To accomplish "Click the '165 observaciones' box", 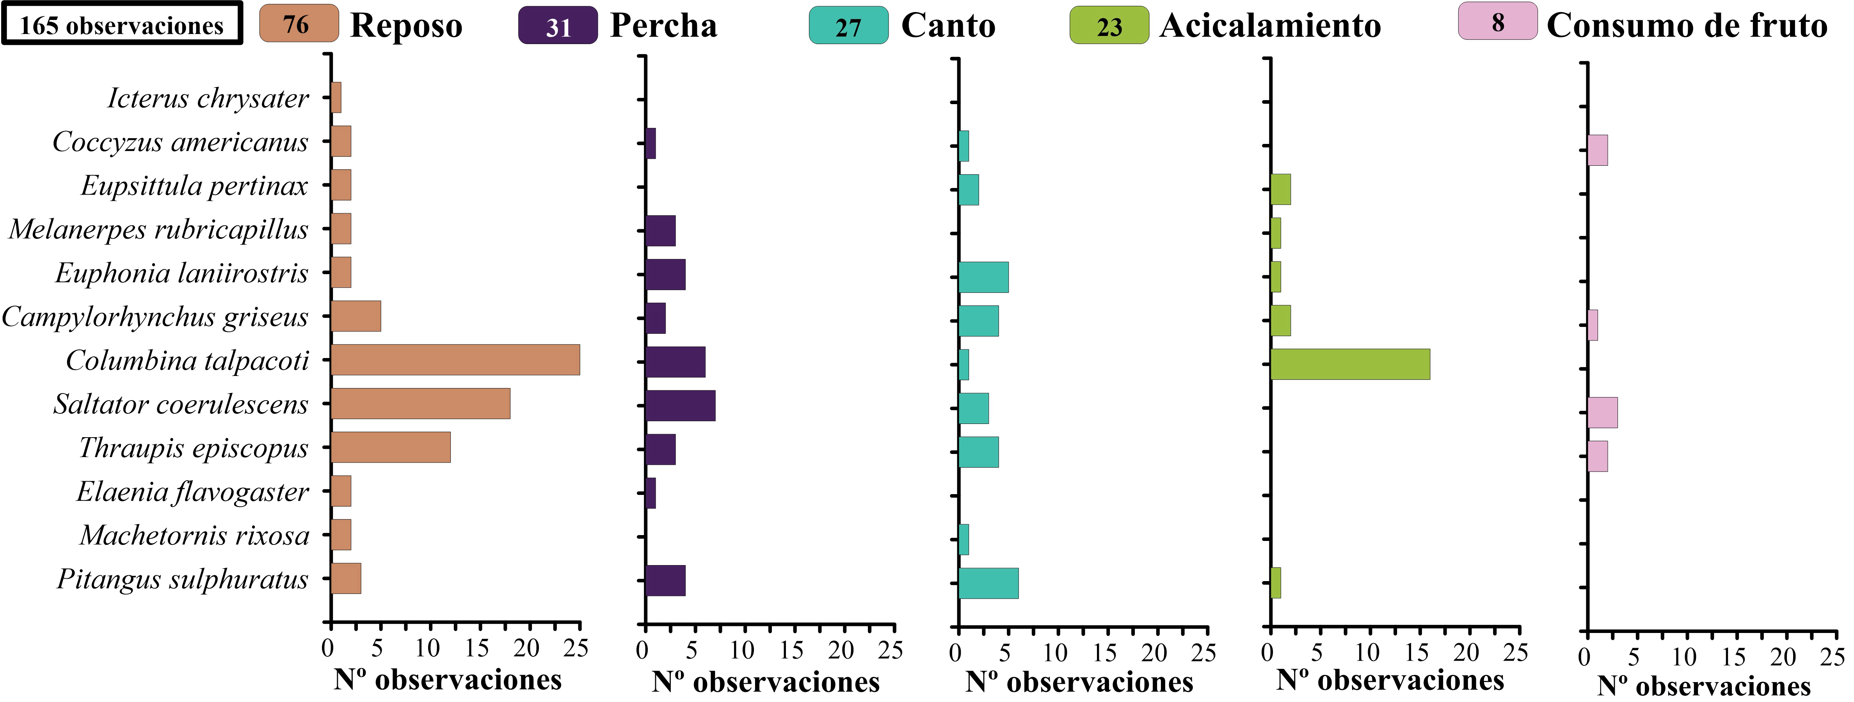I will click(x=122, y=25).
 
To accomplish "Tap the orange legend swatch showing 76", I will click(x=298, y=24).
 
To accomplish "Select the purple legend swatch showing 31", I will click(x=558, y=26).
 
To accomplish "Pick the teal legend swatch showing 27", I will click(x=848, y=26).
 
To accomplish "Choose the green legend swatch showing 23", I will click(x=1109, y=26).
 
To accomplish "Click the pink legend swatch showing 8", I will click(x=1498, y=21).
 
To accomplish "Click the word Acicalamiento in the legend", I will click(x=1270, y=26).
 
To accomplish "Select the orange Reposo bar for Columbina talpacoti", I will click(x=455, y=360).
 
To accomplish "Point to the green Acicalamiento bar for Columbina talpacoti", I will click(x=1350, y=364).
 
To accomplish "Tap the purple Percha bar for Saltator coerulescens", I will click(x=680, y=406).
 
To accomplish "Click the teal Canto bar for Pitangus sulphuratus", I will click(x=988, y=583).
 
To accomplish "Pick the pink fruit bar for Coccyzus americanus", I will click(x=1597, y=150).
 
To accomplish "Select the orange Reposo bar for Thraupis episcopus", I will click(x=391, y=447).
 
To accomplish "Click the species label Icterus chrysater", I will click(x=208, y=98).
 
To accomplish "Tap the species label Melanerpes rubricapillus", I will click(x=158, y=229).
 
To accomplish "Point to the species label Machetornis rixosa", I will click(x=194, y=535).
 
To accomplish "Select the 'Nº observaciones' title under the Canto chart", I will click(x=1079, y=682).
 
